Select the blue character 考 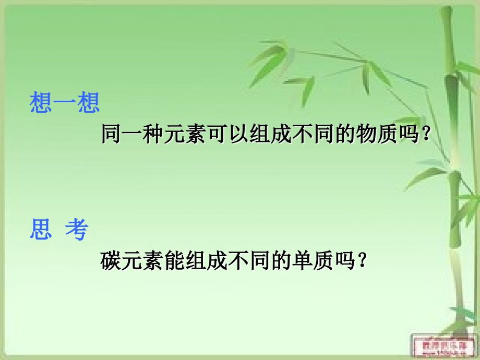(77, 230)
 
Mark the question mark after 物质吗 (426, 135)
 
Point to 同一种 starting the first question (133, 135)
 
